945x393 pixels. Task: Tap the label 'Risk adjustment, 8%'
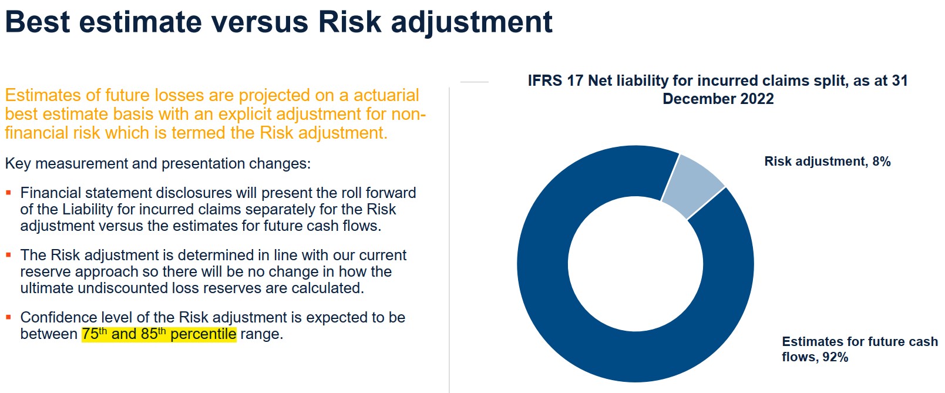coord(827,162)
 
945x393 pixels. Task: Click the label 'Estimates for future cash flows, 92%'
coord(859,349)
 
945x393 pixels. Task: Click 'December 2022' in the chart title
coord(718,99)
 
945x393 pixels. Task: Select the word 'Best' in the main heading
coord(37,22)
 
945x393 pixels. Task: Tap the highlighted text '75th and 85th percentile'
coord(159,334)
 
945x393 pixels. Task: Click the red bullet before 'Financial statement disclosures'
coord(8,193)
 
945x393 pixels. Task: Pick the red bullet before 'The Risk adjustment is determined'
coord(8,255)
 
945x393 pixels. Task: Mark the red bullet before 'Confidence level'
coord(8,317)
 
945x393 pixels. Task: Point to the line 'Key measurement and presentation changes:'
coord(157,163)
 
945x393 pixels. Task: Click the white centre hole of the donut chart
coord(635,264)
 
